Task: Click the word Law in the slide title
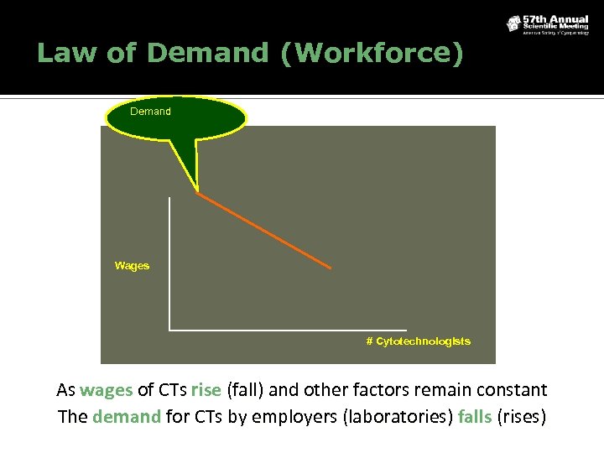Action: tap(61, 53)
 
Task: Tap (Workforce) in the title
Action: tap(372, 53)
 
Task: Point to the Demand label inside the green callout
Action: tap(151, 112)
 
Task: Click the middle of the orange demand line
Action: tap(264, 232)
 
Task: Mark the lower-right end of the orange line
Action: tap(331, 268)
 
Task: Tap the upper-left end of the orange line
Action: tap(198, 195)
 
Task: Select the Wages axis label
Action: tap(132, 266)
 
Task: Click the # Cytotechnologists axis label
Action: tap(418, 341)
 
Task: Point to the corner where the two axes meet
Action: tap(169, 329)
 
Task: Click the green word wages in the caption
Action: tap(107, 391)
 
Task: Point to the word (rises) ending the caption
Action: tap(523, 417)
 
